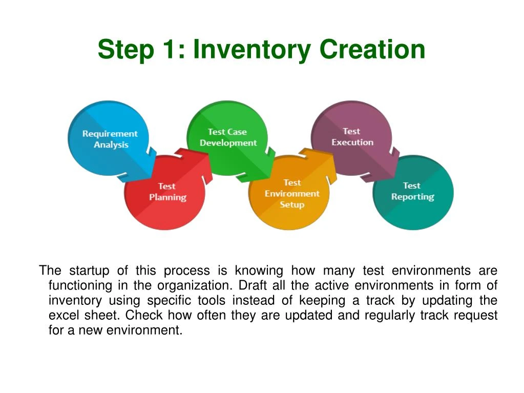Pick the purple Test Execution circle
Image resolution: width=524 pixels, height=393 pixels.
(x=352, y=137)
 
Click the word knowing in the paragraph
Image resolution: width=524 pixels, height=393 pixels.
(x=259, y=271)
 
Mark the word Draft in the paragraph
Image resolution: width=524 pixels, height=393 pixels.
(x=250, y=285)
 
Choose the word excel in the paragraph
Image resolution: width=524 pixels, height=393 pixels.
(x=63, y=315)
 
